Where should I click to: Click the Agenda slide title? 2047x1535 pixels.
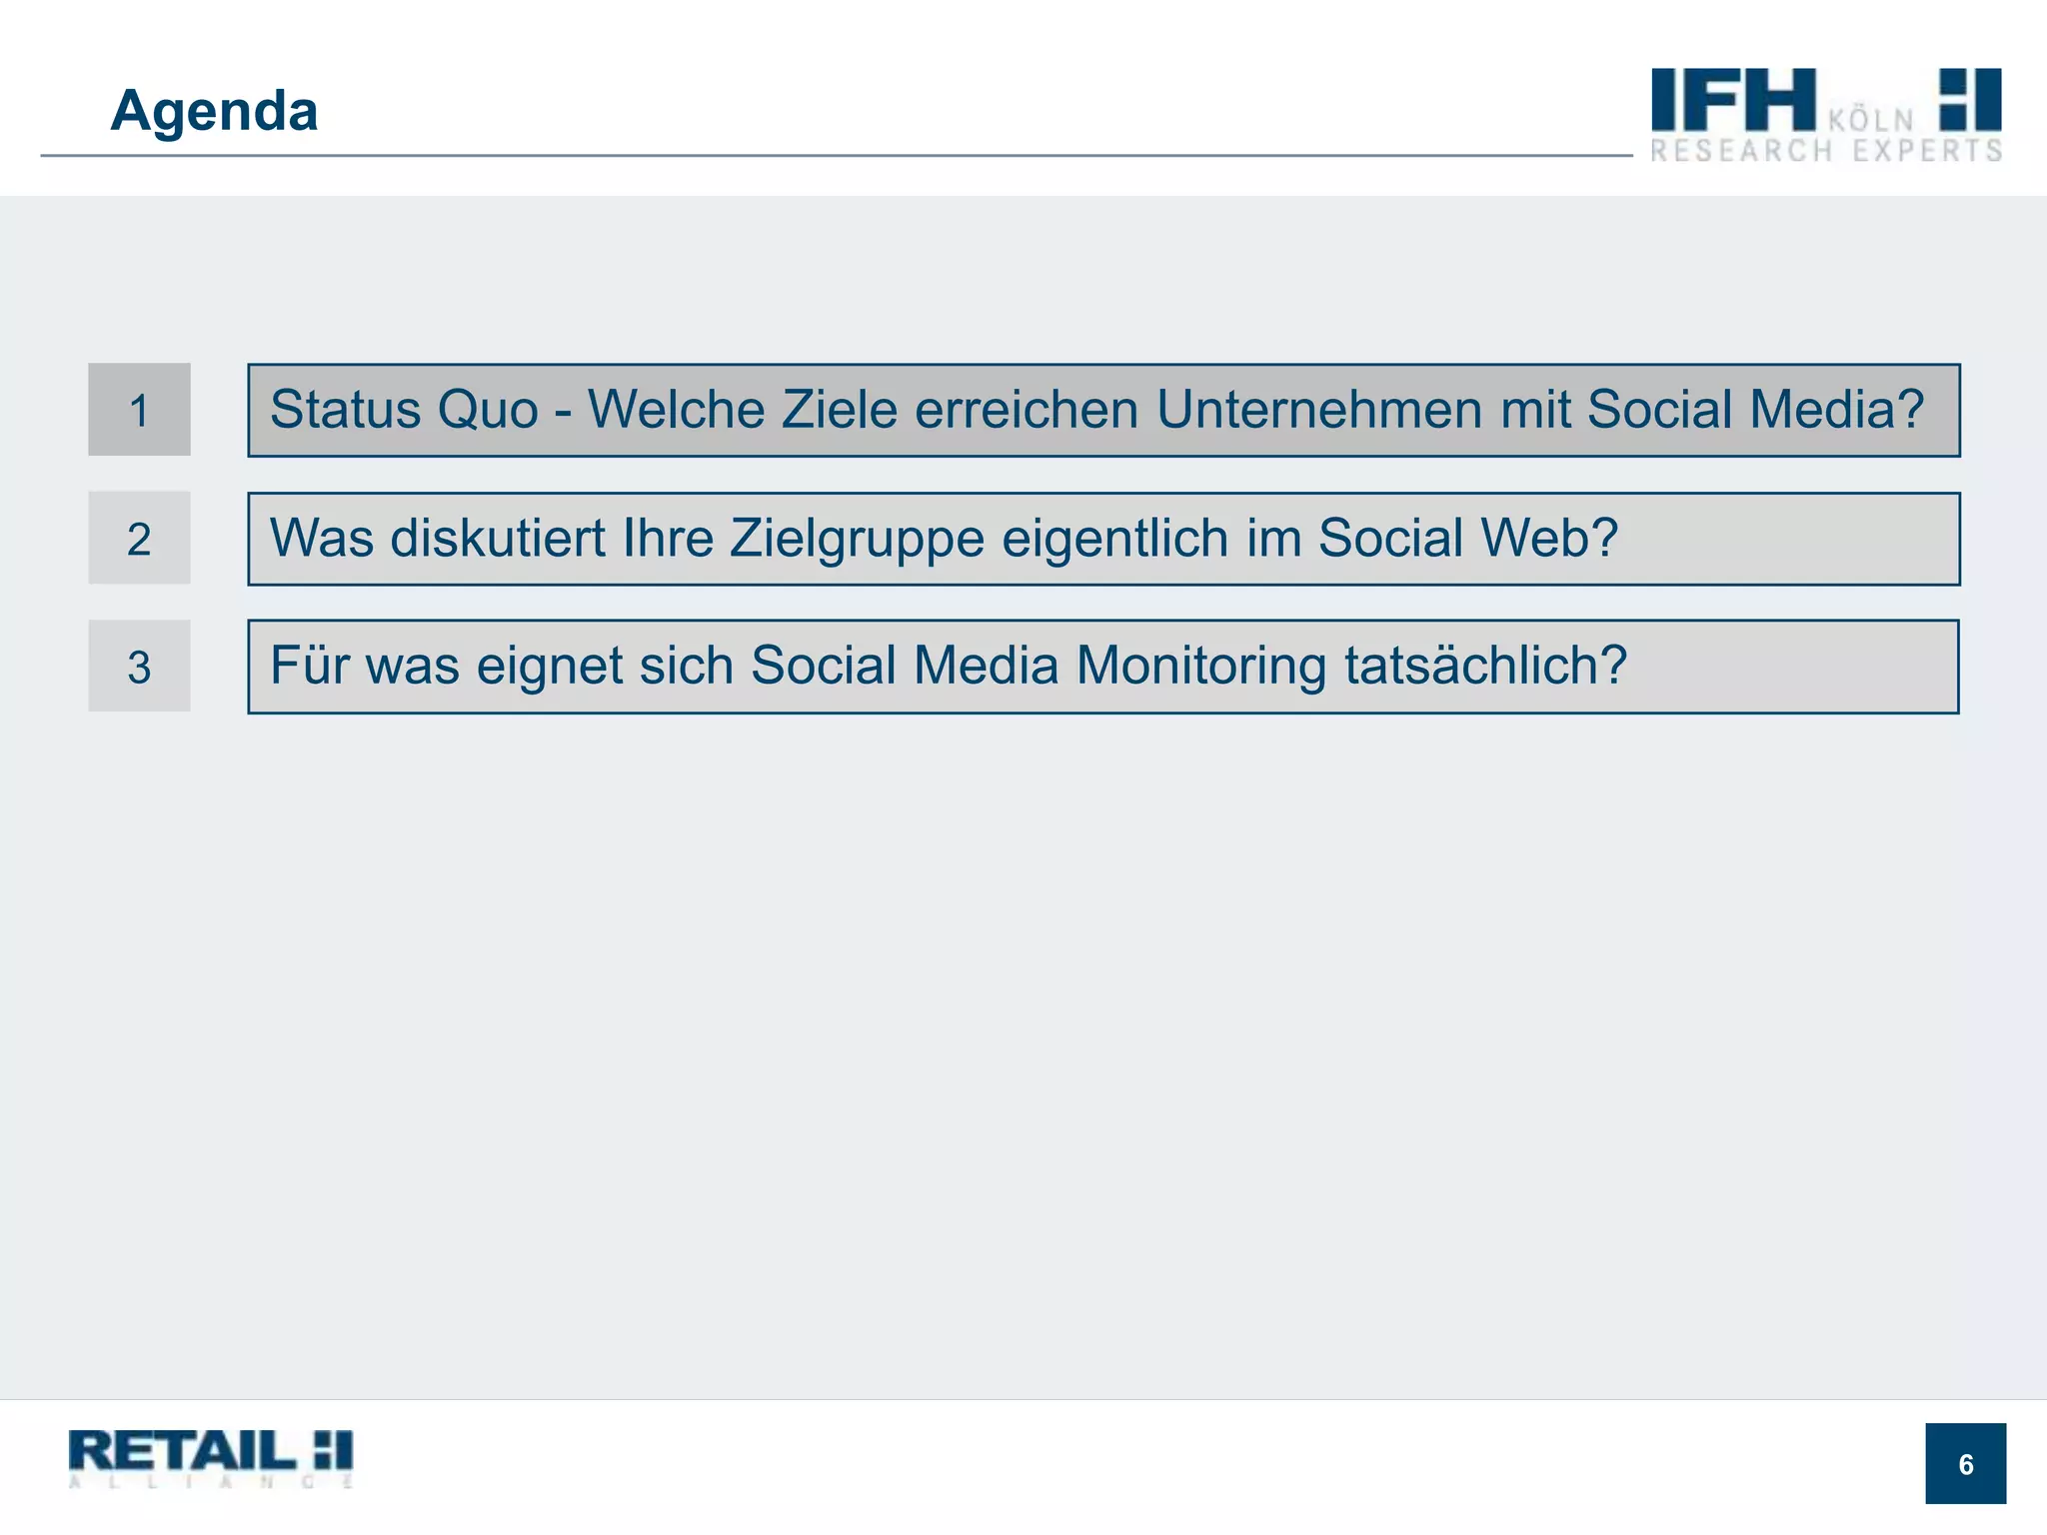pos(214,110)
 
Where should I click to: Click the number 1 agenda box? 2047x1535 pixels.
pos(139,410)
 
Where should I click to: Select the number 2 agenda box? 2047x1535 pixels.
pos(139,539)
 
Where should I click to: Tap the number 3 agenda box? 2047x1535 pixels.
pos(139,667)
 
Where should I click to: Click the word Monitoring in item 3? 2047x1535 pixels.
pos(1201,666)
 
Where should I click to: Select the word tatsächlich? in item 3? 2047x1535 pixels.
pos(1486,666)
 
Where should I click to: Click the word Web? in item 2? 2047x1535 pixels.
pos(1549,538)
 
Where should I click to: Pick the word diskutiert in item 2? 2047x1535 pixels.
pos(498,538)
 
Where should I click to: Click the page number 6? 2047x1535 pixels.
pos(1965,1464)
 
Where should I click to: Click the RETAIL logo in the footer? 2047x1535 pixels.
pos(211,1457)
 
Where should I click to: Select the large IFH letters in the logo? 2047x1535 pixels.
pos(1732,99)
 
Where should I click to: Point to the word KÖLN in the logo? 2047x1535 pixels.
pos(1871,121)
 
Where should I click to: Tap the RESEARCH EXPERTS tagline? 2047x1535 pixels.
pos(1826,151)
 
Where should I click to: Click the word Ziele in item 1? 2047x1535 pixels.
pos(840,410)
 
